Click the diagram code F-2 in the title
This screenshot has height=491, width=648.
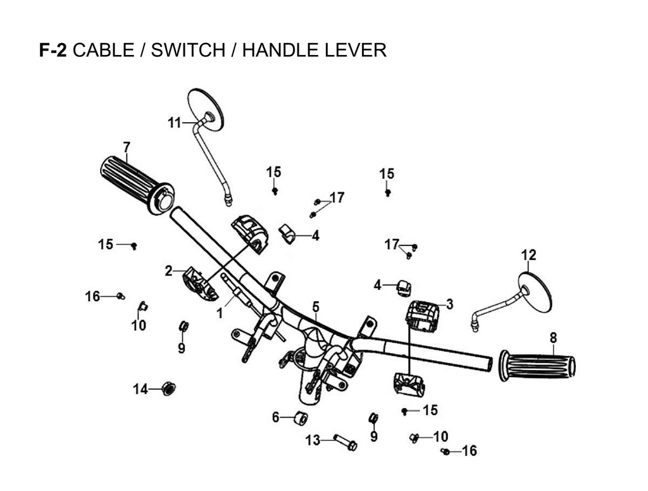coord(54,50)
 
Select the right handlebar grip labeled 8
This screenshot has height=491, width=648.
coord(539,366)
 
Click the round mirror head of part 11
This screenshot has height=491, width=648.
coord(206,109)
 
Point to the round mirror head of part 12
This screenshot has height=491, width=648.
coord(535,291)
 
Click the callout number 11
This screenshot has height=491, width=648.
coord(175,123)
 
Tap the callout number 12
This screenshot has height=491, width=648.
coord(528,255)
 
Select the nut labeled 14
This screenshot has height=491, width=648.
coord(169,388)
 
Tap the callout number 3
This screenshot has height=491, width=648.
coord(449,304)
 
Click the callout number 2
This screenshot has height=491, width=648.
coord(168,271)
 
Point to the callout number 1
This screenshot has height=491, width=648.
coord(220,312)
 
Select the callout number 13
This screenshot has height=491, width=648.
coord(313,440)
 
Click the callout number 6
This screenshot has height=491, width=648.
coord(275,417)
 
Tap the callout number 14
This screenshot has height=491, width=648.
coord(140,388)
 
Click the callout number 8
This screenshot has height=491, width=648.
coord(553,337)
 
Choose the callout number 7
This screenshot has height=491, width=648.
coord(127,147)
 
